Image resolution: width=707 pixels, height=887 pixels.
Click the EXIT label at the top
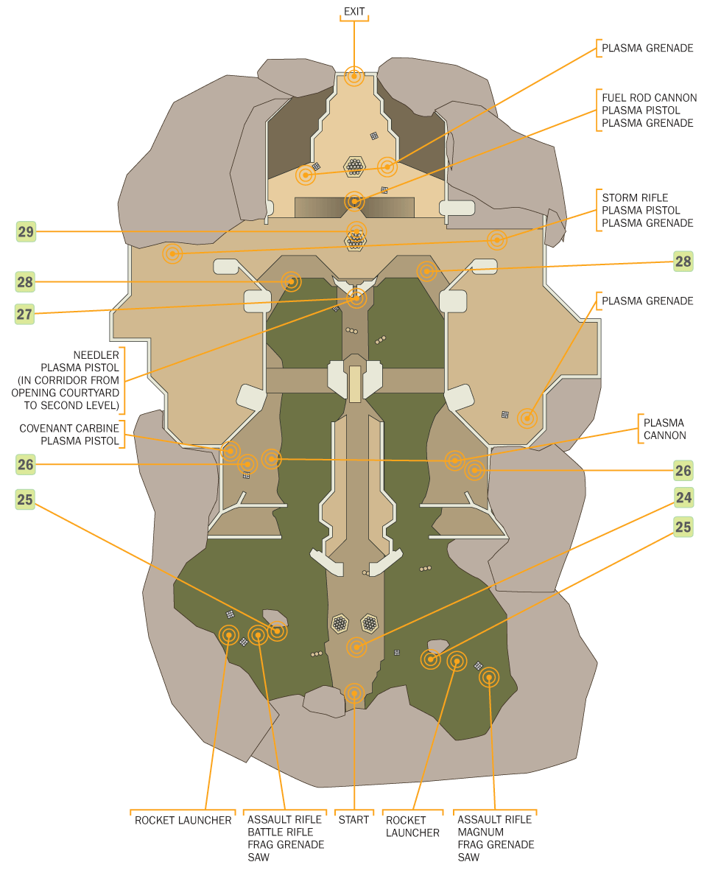354,11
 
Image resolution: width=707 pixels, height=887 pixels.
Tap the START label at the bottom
353,820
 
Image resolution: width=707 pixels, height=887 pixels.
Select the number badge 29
26,232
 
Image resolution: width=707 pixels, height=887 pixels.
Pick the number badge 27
26,314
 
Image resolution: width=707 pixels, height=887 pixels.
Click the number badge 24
683,498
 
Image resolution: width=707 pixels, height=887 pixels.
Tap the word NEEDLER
96,355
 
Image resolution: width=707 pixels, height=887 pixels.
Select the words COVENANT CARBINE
69,428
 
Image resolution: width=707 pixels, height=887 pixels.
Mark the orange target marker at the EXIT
354,76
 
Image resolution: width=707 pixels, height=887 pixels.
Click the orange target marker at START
354,693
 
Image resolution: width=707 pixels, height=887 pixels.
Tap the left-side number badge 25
26,499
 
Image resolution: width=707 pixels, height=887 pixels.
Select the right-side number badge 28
683,261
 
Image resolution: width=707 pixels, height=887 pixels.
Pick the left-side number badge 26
26,464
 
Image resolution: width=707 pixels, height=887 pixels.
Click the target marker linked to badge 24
356,648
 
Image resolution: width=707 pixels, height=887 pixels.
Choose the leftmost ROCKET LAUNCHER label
183,820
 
